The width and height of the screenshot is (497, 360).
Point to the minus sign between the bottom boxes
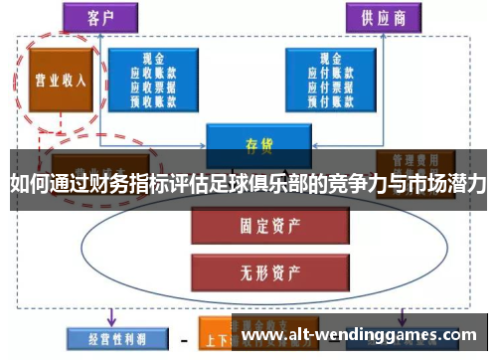point(184,338)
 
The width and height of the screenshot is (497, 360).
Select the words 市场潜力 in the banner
point(446,184)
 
